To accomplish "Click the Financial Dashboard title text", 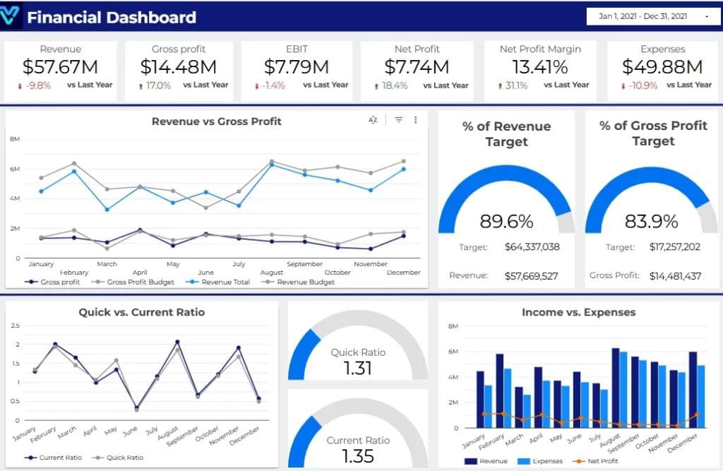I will [x=112, y=18].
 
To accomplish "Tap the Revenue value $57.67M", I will [x=60, y=67].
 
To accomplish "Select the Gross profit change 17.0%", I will [x=159, y=85].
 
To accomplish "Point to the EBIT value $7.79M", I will [x=297, y=67].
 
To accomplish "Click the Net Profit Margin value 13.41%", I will [x=540, y=67].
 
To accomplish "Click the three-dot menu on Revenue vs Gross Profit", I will [x=416, y=120].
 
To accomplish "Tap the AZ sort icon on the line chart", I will [x=373, y=120].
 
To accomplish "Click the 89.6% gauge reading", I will [x=506, y=221].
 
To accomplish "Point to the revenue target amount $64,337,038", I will [x=532, y=247].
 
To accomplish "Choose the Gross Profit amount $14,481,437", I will [x=675, y=275].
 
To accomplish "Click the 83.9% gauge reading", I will [x=651, y=221].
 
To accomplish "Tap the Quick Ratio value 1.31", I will [x=358, y=368].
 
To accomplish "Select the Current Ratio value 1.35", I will [x=358, y=455].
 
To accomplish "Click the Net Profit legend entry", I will [x=600, y=461].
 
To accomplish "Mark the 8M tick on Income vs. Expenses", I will [x=453, y=326].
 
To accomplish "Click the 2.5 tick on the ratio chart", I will [x=16, y=326].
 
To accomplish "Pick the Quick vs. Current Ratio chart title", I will [x=141, y=311].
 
